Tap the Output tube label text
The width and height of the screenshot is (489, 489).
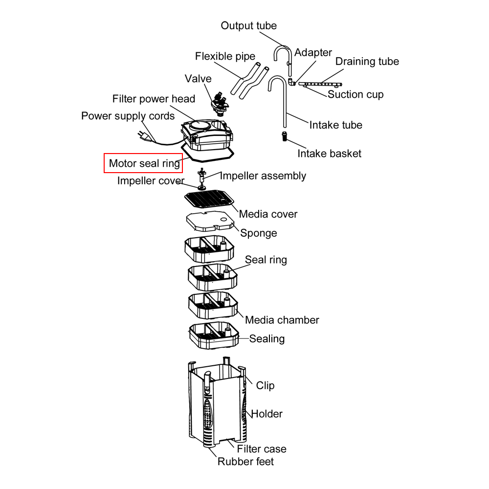click(248, 26)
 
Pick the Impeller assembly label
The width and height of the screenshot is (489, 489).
click(263, 176)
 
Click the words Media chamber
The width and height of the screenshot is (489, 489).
click(282, 320)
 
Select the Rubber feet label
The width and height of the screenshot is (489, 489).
click(245, 461)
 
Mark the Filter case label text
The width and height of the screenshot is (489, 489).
click(262, 449)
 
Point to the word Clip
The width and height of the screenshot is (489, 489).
click(265, 386)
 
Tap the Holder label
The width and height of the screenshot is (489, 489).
click(267, 414)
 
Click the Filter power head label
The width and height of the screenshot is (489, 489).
click(154, 99)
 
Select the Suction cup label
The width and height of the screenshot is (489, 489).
click(356, 94)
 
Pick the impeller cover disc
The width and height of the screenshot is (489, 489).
click(201, 187)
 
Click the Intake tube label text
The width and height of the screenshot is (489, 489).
click(335, 125)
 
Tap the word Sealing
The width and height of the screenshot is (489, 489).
click(267, 339)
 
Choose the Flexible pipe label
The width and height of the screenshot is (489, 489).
click(225, 56)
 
